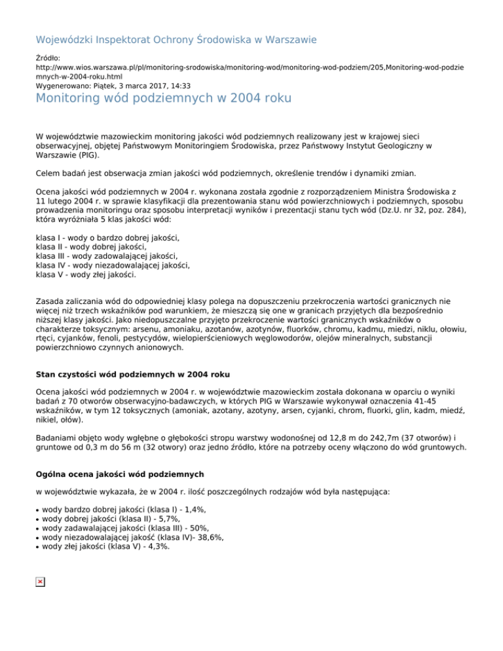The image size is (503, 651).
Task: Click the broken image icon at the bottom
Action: tap(40, 582)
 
